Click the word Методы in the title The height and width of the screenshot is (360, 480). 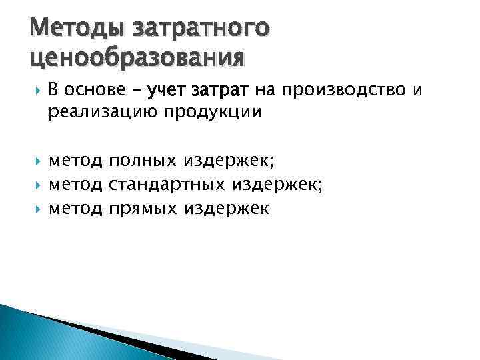pyautogui.click(x=72, y=29)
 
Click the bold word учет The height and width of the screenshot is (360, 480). pyautogui.click(x=169, y=91)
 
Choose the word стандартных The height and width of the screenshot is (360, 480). pyautogui.click(x=167, y=185)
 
